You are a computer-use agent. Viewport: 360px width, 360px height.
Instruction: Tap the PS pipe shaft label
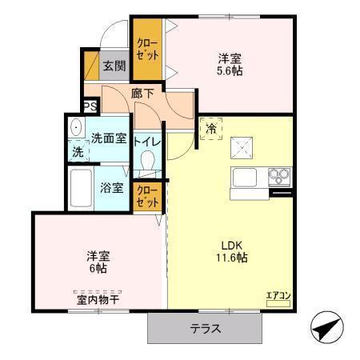coord(90,105)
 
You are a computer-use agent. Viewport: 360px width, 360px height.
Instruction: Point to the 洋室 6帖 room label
coord(99,262)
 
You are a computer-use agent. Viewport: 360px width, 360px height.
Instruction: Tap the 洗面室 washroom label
coord(108,138)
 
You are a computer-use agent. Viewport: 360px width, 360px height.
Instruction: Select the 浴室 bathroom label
coord(111,189)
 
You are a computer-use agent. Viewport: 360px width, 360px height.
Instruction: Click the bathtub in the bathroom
coord(81,189)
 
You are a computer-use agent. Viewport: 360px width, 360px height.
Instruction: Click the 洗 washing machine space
coord(78,150)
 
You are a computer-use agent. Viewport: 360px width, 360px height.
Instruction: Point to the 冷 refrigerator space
coord(212,128)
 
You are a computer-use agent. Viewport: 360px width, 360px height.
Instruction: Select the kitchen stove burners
coord(279,174)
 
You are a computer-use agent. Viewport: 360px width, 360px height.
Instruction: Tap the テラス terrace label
coord(206,329)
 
